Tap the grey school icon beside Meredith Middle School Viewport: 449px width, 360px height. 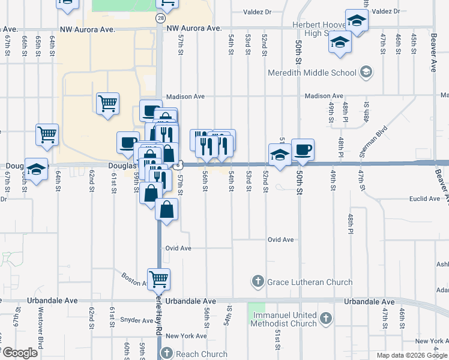click(366, 73)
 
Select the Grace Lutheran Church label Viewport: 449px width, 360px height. click(309, 282)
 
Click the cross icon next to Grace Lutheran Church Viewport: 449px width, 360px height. click(258, 281)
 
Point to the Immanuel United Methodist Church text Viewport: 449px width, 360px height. click(284, 319)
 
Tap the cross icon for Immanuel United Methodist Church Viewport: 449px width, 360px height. click(325, 318)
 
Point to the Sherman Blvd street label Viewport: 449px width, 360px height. click(373, 142)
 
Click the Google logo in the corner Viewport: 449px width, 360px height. click(20, 353)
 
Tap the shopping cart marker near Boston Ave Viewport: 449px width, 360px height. click(158, 278)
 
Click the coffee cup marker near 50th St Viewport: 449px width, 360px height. click(303, 149)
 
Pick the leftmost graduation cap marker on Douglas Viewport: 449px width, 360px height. click(37, 170)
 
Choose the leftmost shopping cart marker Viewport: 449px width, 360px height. click(47, 134)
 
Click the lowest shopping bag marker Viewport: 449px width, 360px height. click(167, 210)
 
